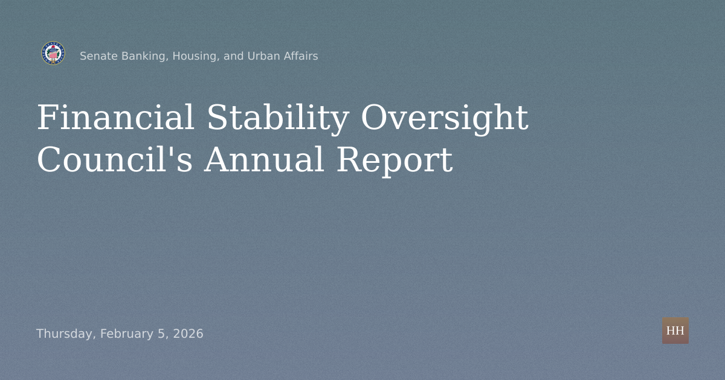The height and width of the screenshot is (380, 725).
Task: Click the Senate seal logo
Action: click(x=53, y=54)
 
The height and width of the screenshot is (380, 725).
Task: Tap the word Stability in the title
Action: click(x=277, y=118)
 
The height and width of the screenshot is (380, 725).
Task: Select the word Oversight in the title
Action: click(x=444, y=118)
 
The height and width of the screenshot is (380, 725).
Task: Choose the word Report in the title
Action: click(x=394, y=160)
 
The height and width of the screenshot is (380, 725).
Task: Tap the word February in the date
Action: click(x=124, y=334)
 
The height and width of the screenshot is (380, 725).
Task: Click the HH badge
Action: click(x=675, y=331)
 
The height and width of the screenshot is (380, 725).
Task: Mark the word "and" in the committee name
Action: click(x=234, y=56)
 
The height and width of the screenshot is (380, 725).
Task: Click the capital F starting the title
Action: click(x=47, y=118)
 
